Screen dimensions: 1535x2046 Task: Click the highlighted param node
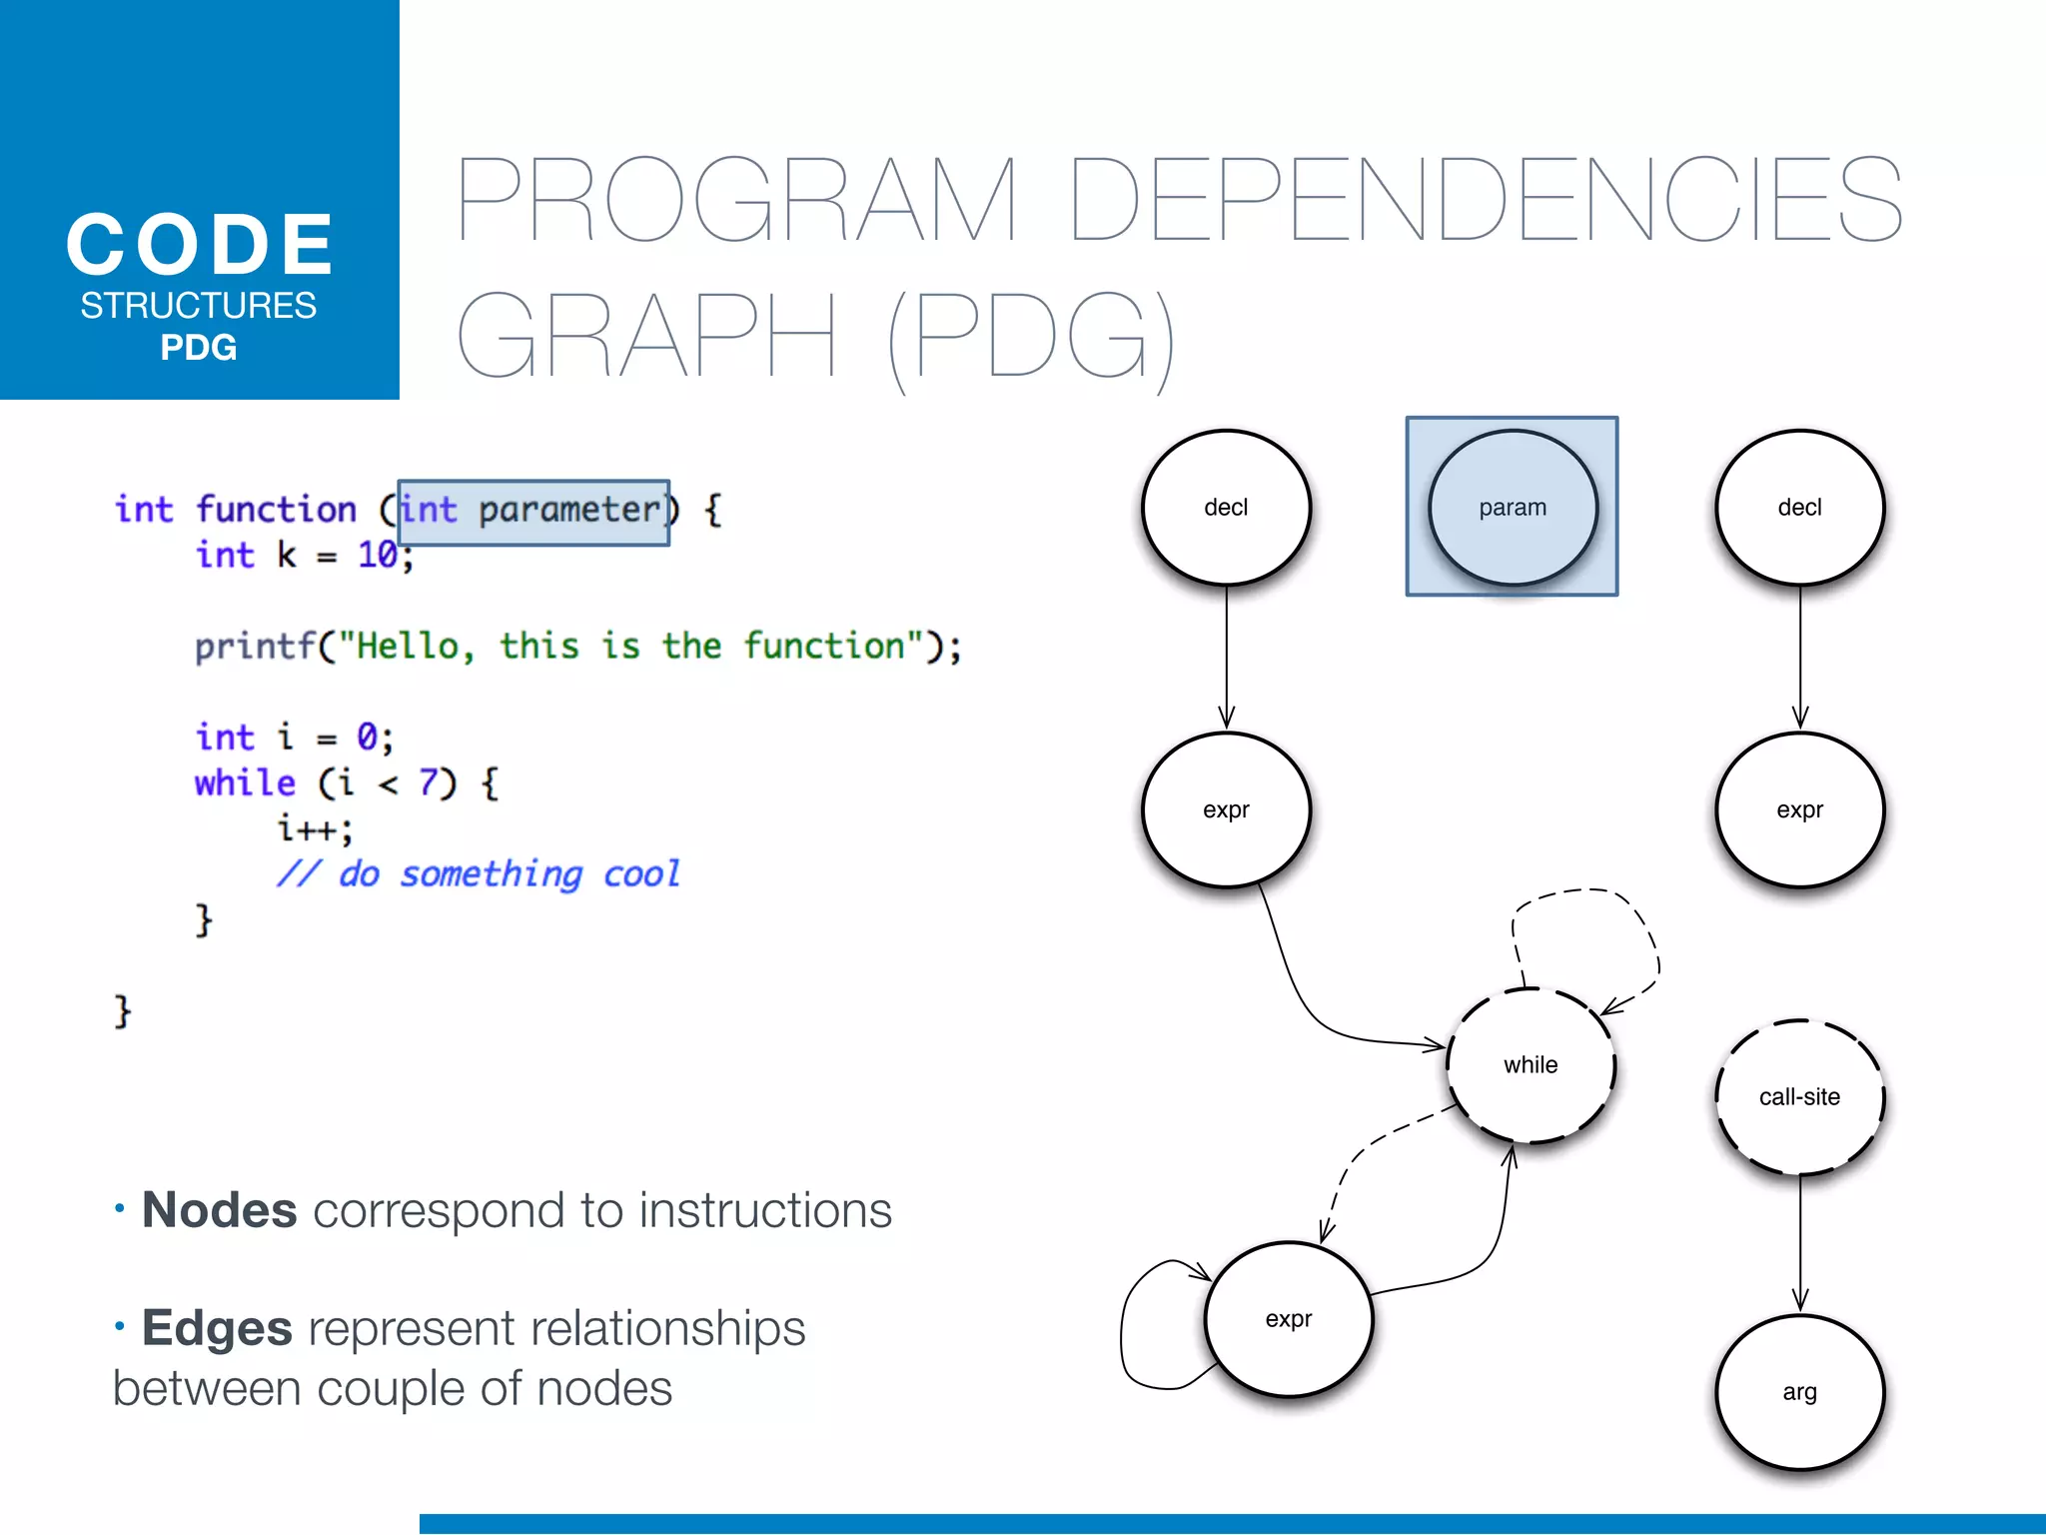click(x=1513, y=508)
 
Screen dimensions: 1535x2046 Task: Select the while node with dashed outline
click(x=1531, y=1065)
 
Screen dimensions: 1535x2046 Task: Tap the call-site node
click(x=1799, y=1097)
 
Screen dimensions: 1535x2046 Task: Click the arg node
click(x=1799, y=1392)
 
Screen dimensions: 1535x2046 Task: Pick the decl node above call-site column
click(x=1799, y=508)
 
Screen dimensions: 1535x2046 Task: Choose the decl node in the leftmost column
click(x=1226, y=508)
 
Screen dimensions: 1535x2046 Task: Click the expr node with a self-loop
click(x=1289, y=1319)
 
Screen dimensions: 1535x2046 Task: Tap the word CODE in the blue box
click(x=200, y=245)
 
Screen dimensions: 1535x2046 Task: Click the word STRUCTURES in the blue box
click(x=199, y=306)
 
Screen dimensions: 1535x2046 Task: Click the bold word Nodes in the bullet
click(x=220, y=1211)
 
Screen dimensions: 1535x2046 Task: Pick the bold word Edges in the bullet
click(x=217, y=1329)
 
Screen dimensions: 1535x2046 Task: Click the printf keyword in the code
click(x=255, y=647)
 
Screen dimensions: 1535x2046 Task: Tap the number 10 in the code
click(x=378, y=555)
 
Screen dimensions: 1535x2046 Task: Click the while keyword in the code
click(x=245, y=782)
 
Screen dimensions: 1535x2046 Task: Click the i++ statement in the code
click(x=314, y=828)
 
